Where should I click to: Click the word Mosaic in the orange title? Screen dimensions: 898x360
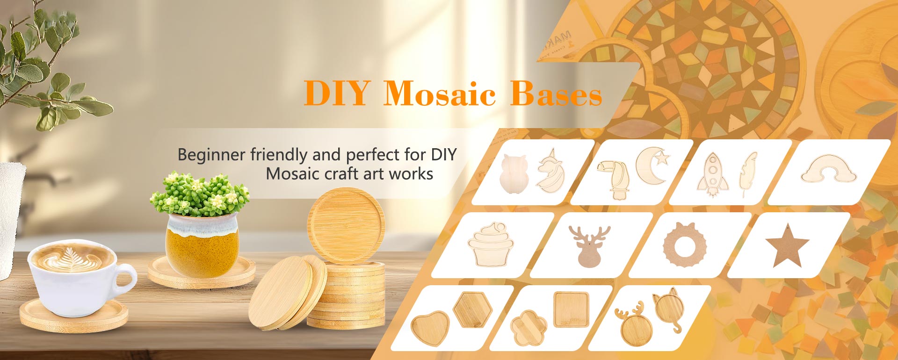[439, 94]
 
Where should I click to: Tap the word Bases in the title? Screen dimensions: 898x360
[556, 94]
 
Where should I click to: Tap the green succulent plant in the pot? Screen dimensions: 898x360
[200, 194]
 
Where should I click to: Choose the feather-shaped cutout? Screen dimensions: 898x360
[747, 173]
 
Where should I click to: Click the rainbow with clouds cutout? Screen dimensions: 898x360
[829, 169]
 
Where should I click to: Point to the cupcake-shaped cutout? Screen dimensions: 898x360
[490, 244]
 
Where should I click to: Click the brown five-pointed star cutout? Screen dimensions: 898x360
[787, 245]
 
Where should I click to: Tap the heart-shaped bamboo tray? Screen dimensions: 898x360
[430, 327]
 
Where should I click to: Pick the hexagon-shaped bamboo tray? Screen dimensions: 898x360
[473, 309]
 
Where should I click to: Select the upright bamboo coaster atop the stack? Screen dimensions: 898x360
[346, 226]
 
